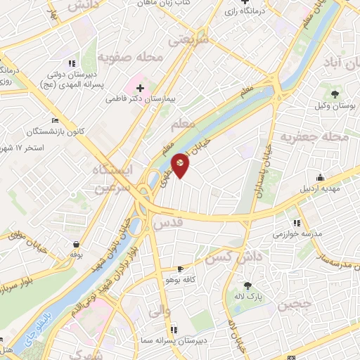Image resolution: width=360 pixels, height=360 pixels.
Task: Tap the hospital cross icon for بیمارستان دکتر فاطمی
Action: click(x=140, y=88)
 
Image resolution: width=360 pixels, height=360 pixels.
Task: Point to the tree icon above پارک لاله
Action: click(x=247, y=285)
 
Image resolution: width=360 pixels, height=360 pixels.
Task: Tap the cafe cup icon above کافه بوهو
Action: click(x=180, y=269)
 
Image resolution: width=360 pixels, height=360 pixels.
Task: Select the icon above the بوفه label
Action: click(x=75, y=244)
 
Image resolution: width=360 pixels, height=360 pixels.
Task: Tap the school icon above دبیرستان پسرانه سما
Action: click(x=173, y=328)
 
